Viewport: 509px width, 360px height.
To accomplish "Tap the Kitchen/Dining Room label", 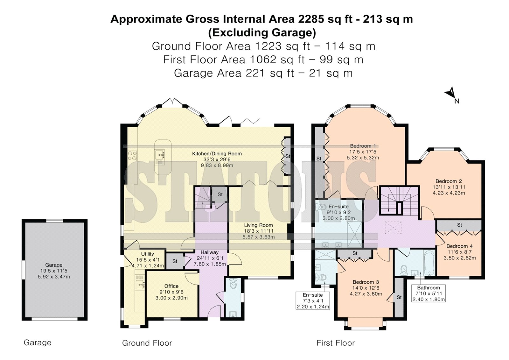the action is tap(217, 153).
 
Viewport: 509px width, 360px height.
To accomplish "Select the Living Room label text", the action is tap(258, 225).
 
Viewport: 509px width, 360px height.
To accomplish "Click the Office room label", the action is tap(171, 286).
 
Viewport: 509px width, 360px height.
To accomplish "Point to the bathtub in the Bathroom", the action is tap(429, 262).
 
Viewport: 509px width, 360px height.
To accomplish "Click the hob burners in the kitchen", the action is tap(133, 156).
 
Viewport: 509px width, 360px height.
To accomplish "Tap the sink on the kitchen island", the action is tap(160, 155).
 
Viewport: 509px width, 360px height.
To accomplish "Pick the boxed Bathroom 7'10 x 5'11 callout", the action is tap(428, 293).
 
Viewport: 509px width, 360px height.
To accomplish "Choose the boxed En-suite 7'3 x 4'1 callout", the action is tap(313, 301).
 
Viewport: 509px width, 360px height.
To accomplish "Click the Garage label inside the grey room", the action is tap(54, 265).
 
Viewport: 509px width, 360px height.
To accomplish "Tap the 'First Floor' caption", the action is tap(335, 343).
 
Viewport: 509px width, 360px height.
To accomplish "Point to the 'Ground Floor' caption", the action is tap(147, 343).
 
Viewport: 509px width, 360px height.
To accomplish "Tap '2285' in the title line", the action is tap(311, 19).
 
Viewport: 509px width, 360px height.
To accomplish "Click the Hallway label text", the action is tap(209, 252).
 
